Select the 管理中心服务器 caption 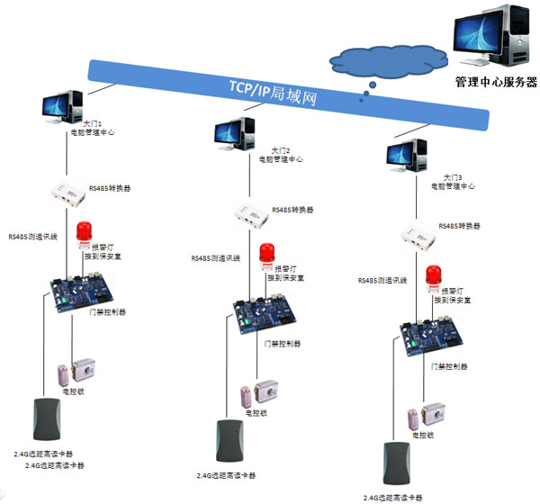click(x=496, y=82)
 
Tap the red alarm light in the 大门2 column click(x=266, y=256)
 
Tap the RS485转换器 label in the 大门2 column click(x=294, y=210)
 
